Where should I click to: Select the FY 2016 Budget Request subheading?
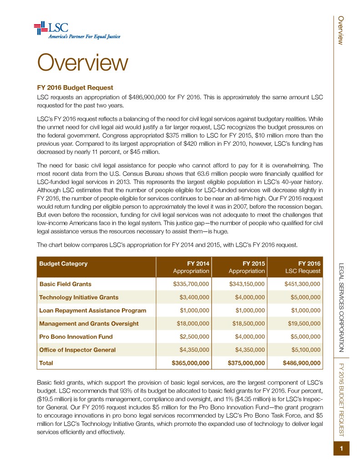75,87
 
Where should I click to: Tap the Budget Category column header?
64,263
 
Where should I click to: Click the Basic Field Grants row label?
66,284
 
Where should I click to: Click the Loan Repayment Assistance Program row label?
93,310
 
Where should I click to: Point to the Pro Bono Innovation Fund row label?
76,337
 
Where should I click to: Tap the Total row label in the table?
46,363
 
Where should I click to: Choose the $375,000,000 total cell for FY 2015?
246,363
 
